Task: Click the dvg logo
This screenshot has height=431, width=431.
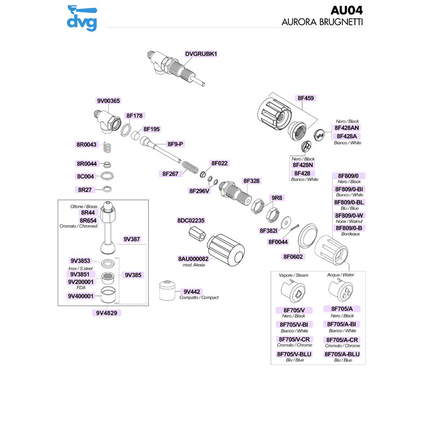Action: point(82,18)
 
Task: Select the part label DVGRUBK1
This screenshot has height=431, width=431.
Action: point(200,54)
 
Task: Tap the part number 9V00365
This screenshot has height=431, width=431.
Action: point(108,101)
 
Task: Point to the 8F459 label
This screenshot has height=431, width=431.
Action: point(305,99)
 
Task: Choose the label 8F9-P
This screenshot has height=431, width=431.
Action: point(176,144)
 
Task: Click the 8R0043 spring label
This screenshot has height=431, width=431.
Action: point(86,144)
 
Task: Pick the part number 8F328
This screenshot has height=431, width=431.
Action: point(251,181)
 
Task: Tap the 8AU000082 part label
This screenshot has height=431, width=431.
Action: point(197,259)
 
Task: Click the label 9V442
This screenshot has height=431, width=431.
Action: point(191,291)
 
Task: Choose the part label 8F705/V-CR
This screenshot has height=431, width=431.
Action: point(294,339)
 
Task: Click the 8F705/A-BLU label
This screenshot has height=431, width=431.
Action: point(342,354)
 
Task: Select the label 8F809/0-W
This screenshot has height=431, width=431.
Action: point(350,215)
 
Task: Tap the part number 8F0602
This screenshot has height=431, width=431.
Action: point(294,256)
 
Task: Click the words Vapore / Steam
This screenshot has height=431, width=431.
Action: point(294,275)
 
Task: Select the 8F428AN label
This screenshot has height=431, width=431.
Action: point(347,128)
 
